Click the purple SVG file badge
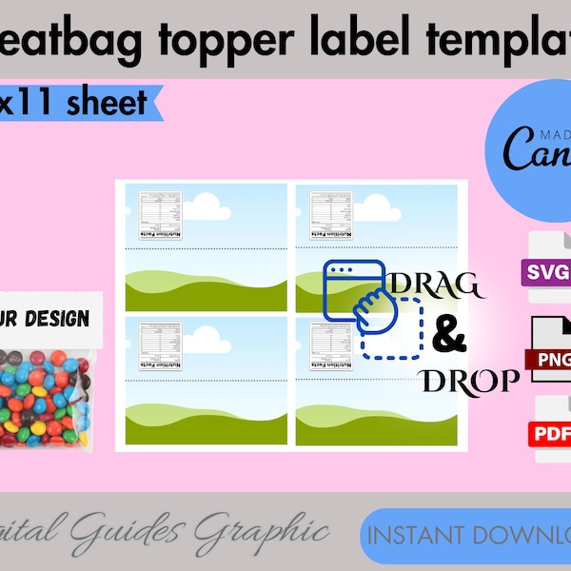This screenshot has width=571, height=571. click(x=546, y=274)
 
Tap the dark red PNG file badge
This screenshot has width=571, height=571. click(x=548, y=360)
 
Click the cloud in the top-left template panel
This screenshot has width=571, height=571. click(x=207, y=203)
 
